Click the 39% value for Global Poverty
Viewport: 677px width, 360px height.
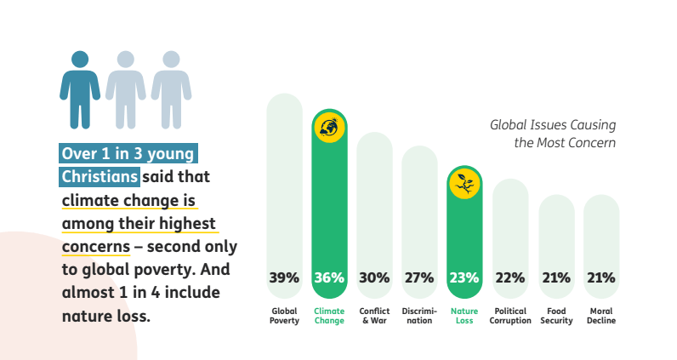[x=284, y=277]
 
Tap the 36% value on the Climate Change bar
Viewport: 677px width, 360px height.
[x=329, y=277]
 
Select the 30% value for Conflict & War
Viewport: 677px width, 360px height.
[x=374, y=277]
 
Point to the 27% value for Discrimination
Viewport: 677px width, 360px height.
[x=419, y=277]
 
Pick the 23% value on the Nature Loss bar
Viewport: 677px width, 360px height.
[x=464, y=277]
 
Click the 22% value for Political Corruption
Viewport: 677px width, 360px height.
[x=509, y=277]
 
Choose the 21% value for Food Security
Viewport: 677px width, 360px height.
[x=556, y=277]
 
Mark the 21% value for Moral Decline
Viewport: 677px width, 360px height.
[x=600, y=277]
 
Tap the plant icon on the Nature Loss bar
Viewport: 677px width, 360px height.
[x=464, y=182]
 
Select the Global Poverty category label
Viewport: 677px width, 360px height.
[x=284, y=316]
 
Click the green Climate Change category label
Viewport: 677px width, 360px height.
[x=329, y=316]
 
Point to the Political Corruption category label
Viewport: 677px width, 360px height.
[x=510, y=316]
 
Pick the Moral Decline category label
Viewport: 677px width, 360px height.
[x=600, y=316]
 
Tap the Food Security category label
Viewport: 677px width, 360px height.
[x=556, y=316]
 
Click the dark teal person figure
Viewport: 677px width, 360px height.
[x=80, y=88]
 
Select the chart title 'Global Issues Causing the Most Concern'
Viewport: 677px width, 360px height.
[x=553, y=134]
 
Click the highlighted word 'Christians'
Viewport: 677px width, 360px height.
[x=100, y=177]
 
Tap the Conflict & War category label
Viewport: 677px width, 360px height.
[x=374, y=316]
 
